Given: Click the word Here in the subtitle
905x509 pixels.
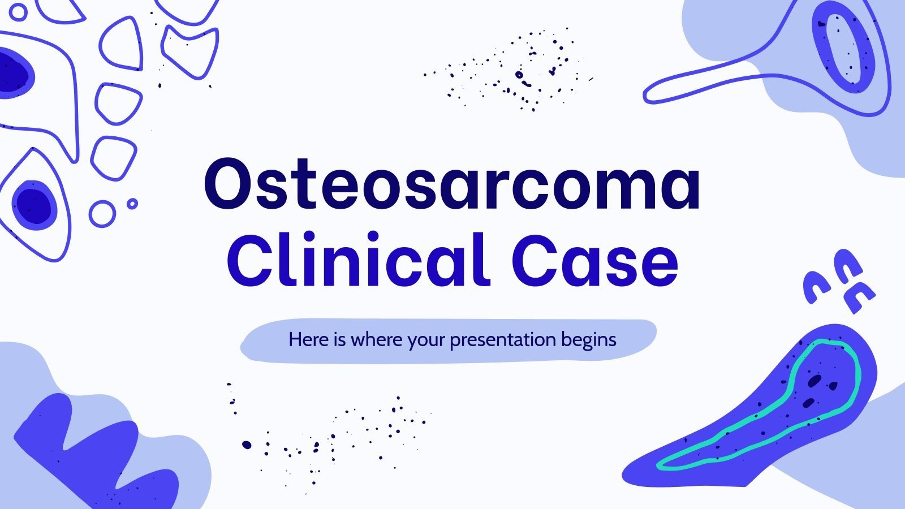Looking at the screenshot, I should (x=308, y=340).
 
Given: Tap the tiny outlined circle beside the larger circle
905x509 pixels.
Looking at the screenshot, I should (x=132, y=204).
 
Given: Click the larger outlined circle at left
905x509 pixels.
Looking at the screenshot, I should (x=102, y=214).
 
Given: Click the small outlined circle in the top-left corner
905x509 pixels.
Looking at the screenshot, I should (x=19, y=12).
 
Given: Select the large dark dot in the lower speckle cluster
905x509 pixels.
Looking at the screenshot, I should (x=247, y=445).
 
